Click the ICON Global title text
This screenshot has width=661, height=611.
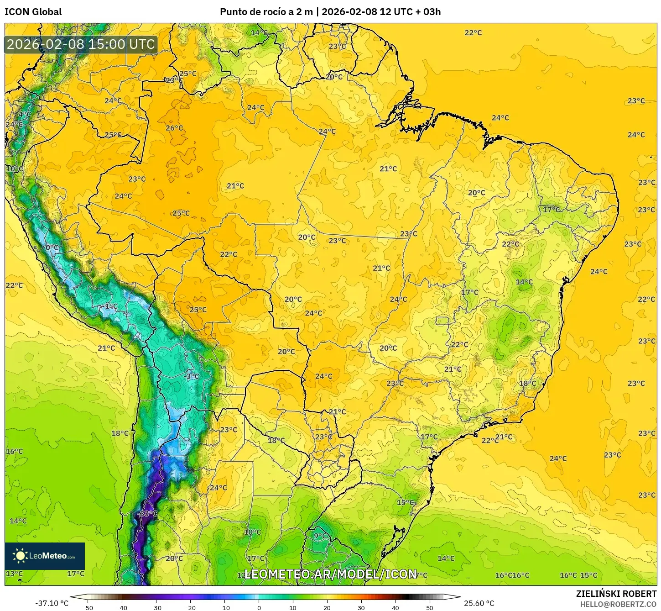33,12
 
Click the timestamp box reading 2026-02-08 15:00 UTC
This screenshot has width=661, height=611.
81,44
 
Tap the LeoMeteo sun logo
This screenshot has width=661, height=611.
20,555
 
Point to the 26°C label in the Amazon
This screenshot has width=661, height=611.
174,128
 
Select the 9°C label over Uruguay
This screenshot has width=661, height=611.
321,536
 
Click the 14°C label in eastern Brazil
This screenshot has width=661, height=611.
524,282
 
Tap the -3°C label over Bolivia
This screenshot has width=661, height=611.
192,376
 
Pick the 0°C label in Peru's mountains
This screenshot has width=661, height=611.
52,248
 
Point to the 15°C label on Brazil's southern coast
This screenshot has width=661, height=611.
405,502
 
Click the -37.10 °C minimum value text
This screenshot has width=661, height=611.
52,603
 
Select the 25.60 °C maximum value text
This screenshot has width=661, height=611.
479,603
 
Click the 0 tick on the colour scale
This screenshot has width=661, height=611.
259,608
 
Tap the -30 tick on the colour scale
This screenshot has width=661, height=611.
156,608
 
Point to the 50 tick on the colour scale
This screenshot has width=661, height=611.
430,608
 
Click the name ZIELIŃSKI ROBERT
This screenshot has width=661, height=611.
616,594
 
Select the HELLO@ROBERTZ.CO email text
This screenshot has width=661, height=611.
618,604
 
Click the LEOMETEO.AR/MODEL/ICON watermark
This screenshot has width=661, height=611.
331,574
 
